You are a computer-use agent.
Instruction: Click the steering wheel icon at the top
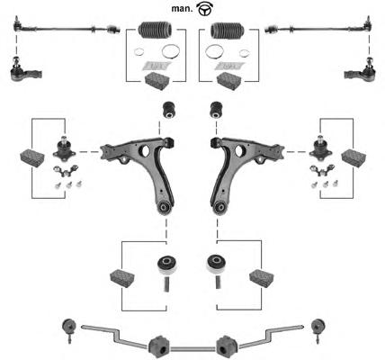pyautogui.click(x=204, y=8)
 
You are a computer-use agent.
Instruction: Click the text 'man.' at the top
pyautogui.click(x=182, y=9)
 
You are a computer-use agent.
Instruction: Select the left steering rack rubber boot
pyautogui.click(x=155, y=30)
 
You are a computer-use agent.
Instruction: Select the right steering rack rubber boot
pyautogui.click(x=228, y=30)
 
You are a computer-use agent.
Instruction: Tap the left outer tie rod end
pyautogui.click(x=25, y=70)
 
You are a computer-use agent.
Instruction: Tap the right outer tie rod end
pyautogui.click(x=360, y=70)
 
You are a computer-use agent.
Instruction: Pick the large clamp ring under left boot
pyautogui.click(x=171, y=52)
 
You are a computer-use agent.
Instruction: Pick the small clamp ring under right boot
pyautogui.click(x=245, y=52)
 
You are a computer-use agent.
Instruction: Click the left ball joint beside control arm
pyautogui.click(x=64, y=148)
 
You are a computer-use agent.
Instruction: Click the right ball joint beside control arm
pyautogui.click(x=320, y=148)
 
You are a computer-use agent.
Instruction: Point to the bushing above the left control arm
pyautogui.click(x=169, y=110)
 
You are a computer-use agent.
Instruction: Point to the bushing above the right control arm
pyautogui.click(x=217, y=110)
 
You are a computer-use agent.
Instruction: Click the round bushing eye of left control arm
pyautogui.click(x=165, y=207)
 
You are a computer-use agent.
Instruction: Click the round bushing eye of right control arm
pyautogui.click(x=220, y=207)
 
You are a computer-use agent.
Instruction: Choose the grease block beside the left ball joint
pyautogui.click(x=32, y=158)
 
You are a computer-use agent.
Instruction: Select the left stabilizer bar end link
pyautogui.click(x=68, y=330)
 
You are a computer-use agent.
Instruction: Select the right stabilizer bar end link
pyautogui.click(x=318, y=330)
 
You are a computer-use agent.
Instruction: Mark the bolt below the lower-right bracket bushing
pyautogui.click(x=219, y=283)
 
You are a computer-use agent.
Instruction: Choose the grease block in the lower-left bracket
pyautogui.click(x=122, y=279)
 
